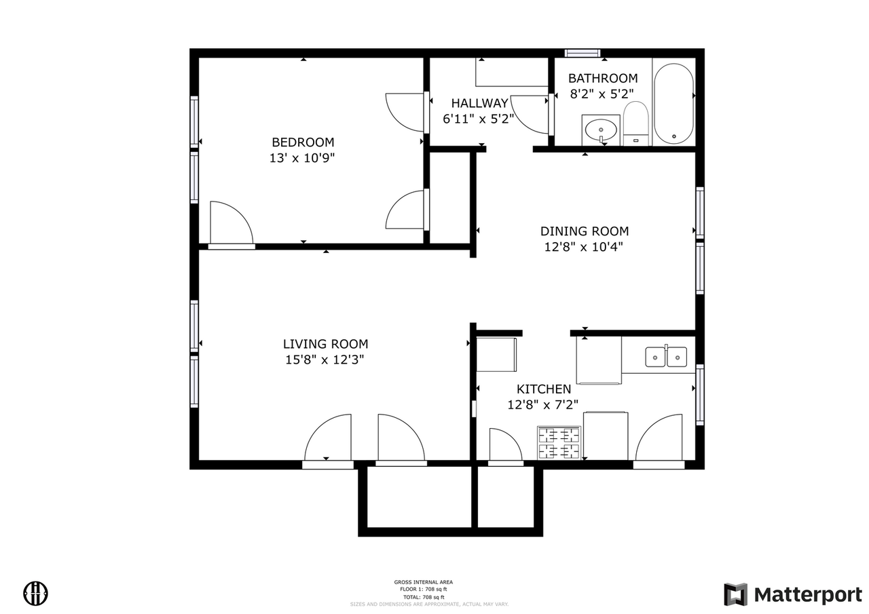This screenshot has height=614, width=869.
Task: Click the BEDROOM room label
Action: pos(303,142)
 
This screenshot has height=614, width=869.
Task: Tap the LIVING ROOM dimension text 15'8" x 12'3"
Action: pos(325,360)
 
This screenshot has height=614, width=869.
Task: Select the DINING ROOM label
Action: pos(584,231)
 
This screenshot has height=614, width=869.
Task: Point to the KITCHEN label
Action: pos(543,389)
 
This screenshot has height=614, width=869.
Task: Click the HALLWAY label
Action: pos(479,104)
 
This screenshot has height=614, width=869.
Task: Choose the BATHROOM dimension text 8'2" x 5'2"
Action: pos(602,94)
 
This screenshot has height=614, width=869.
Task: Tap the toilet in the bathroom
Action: pos(636,123)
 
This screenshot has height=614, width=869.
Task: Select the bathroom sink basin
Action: pos(601,128)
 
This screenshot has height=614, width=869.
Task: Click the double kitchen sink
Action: pos(665,356)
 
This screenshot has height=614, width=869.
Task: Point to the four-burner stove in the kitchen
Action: pos(559,443)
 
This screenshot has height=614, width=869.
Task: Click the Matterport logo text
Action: pos(807,595)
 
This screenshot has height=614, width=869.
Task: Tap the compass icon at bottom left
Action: pos(36,593)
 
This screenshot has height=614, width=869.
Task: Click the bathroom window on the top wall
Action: pos(583,53)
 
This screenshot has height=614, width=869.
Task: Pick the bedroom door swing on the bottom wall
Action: pos(231,224)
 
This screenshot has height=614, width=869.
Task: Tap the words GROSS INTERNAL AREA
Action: pos(423,582)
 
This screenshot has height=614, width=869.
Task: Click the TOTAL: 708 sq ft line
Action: pos(423,596)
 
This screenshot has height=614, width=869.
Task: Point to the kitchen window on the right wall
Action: pos(699,394)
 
